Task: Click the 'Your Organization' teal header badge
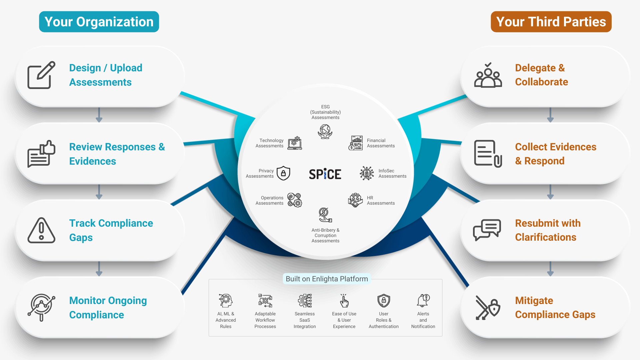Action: tap(99, 22)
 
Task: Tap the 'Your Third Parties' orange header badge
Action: tap(551, 22)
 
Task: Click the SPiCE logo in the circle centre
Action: tap(325, 174)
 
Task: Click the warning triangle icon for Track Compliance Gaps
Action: tap(41, 230)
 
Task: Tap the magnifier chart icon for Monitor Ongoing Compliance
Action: tap(41, 307)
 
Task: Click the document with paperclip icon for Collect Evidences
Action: tap(488, 154)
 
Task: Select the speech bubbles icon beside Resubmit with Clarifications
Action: tap(487, 230)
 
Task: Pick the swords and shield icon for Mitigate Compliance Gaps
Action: tap(488, 308)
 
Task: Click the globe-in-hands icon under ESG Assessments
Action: tap(325, 132)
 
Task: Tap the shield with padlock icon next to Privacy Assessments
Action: tap(283, 173)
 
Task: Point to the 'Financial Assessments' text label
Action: tap(381, 143)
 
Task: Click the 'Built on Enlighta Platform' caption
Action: tap(327, 279)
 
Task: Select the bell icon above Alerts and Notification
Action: tap(423, 300)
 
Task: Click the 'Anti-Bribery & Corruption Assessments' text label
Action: tap(325, 235)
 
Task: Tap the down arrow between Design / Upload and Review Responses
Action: tap(99, 115)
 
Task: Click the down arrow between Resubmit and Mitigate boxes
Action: tap(550, 269)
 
